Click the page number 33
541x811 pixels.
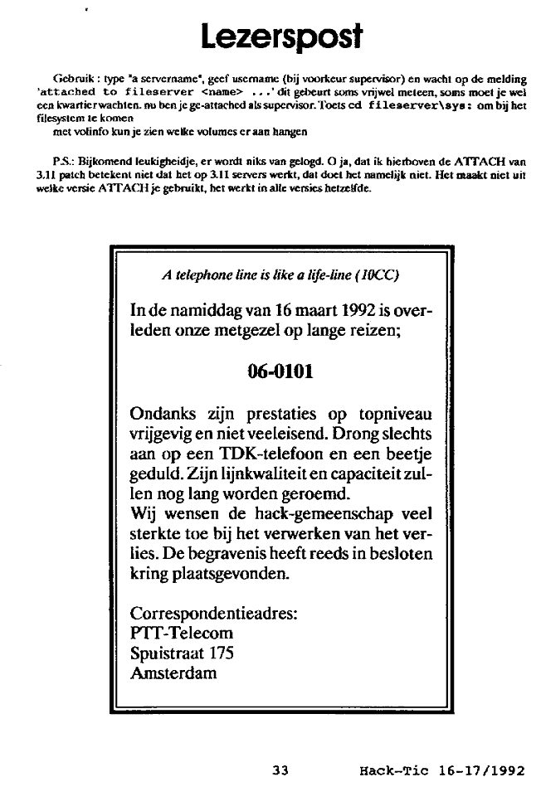coord(280,770)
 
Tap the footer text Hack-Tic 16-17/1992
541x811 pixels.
coord(441,770)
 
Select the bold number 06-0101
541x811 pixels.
coord(280,372)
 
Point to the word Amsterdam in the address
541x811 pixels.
coord(174,673)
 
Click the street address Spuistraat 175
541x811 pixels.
coord(183,653)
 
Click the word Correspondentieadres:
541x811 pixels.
coord(214,614)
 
